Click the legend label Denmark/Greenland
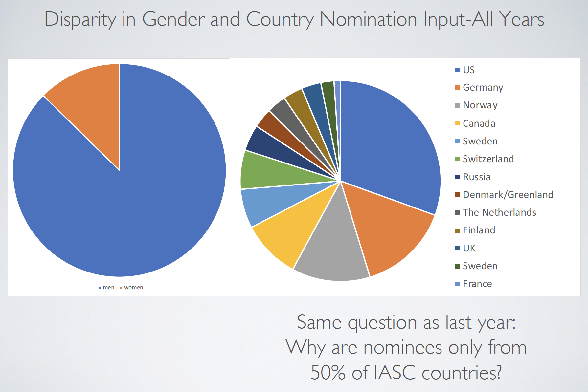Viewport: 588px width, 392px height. coord(508,195)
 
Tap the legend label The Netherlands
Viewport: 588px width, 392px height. coord(499,212)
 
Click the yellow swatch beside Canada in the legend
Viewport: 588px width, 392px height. coord(457,123)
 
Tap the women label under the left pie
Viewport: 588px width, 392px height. coord(133,288)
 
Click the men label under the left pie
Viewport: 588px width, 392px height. coord(108,288)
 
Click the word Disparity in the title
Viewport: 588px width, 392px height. coord(80,20)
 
